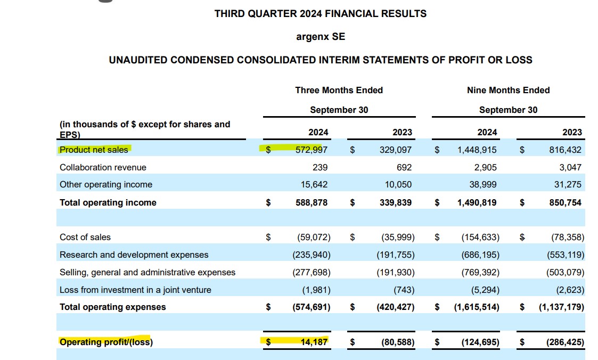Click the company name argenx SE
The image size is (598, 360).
coord(320,37)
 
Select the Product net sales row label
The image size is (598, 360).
coord(94,150)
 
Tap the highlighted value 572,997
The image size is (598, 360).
coord(312,150)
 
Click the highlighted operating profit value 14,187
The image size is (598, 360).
coord(314,342)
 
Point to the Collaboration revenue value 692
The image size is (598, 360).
coord(404,167)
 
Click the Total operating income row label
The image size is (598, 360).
coord(108,202)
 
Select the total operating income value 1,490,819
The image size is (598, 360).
coord(477,202)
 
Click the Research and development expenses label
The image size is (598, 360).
coord(134,255)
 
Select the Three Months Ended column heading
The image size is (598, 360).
coord(339,90)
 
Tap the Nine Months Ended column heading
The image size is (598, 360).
coord(508,90)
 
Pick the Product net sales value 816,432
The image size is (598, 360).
coord(566,150)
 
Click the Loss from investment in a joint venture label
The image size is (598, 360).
coord(135,290)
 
